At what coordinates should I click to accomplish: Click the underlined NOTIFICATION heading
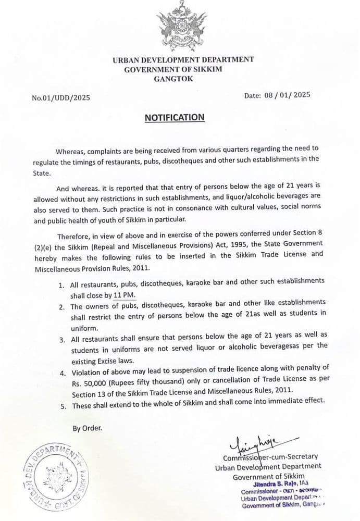pos(175,117)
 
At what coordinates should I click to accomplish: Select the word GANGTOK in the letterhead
pos(173,79)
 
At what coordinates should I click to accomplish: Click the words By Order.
pos(88,428)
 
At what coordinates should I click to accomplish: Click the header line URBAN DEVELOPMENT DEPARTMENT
pos(183,59)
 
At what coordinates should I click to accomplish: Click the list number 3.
pos(61,340)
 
